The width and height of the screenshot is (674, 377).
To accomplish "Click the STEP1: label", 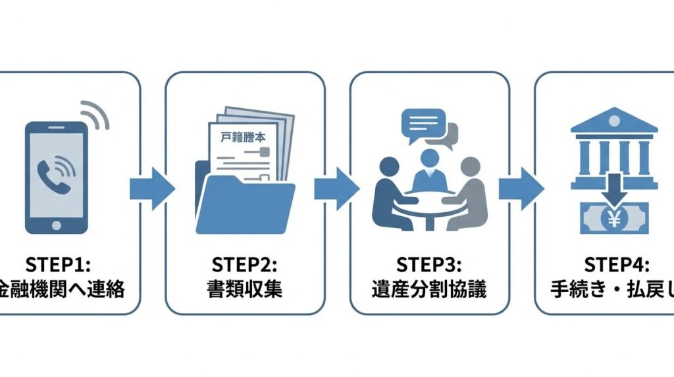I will coord(61,264).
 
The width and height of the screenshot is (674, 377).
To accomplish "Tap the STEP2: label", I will coord(245,264).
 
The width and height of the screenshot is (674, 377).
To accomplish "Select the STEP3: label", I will coord(429,264).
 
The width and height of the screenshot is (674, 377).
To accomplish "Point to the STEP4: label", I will coord(616,264).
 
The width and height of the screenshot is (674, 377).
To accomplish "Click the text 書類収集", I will coord(245,289).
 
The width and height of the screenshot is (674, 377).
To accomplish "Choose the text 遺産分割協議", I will coord(429,289).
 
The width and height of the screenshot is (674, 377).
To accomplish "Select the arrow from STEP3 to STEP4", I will coord(521,188).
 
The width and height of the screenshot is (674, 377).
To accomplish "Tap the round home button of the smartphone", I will coord(56,223).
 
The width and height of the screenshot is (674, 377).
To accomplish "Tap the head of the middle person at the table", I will coord(429,158).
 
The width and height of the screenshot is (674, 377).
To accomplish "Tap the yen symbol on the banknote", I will coord(613,220).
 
